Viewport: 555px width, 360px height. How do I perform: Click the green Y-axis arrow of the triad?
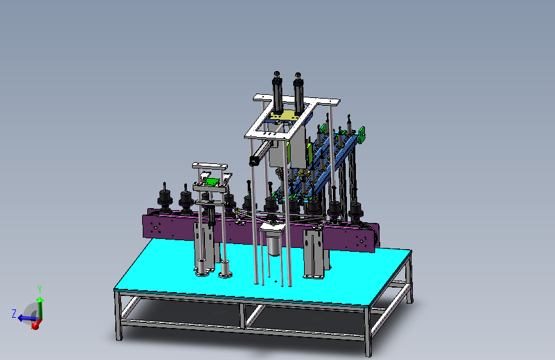tap(40, 308)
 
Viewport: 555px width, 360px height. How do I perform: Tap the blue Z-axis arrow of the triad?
tap(26, 318)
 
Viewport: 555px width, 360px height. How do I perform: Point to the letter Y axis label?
tap(40, 290)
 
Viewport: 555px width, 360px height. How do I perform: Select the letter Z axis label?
tap(14, 314)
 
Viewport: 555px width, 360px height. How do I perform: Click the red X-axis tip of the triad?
tap(35, 325)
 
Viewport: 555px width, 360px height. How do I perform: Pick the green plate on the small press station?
tap(212, 182)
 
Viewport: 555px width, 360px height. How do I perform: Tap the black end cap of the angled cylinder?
tap(253, 161)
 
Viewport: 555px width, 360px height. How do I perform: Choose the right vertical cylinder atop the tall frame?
tap(298, 93)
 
